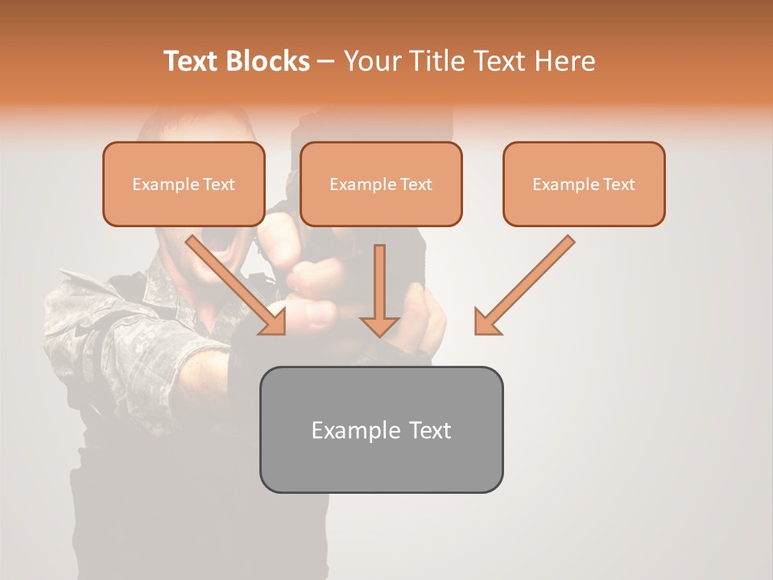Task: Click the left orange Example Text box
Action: tap(184, 184)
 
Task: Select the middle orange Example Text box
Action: tap(381, 184)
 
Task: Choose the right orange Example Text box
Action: tap(584, 184)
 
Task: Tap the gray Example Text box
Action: tap(381, 429)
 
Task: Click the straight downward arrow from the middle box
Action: tap(379, 290)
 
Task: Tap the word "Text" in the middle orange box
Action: tap(415, 184)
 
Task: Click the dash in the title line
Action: tap(326, 61)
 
